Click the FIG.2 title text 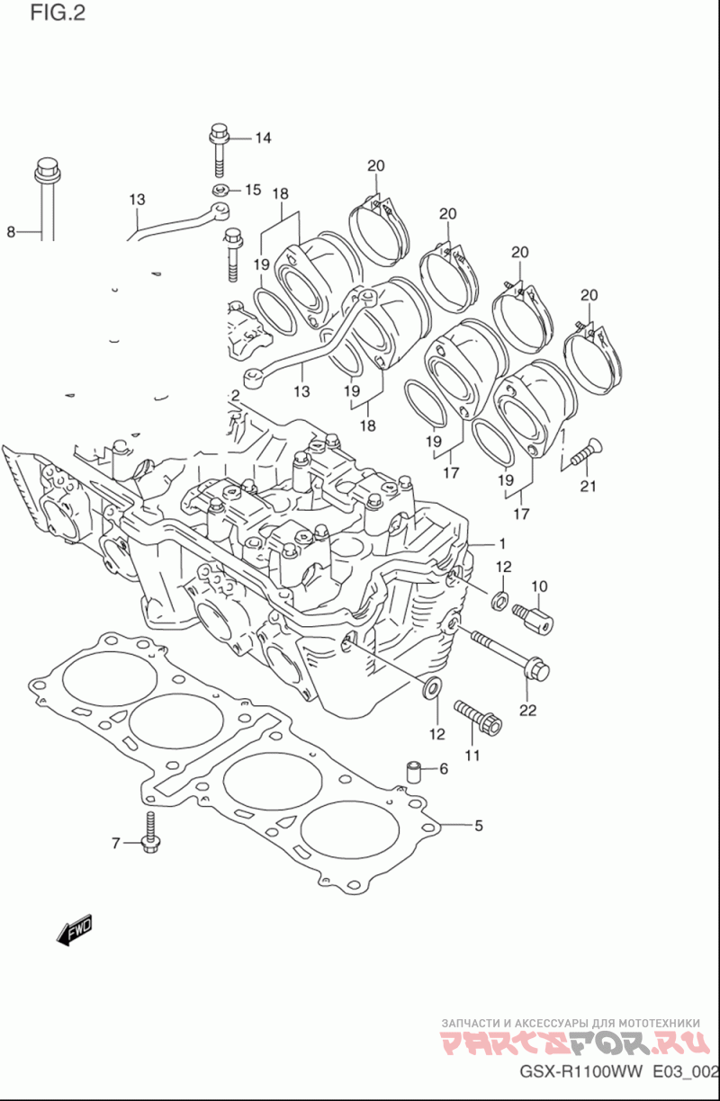tap(58, 13)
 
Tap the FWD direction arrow tap(75, 930)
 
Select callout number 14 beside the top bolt tap(263, 139)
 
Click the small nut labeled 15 tap(220, 189)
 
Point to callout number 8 tap(11, 231)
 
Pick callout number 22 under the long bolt tap(527, 711)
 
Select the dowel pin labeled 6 tap(412, 773)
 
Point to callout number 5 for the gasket tap(479, 825)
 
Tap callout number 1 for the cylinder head tap(502, 543)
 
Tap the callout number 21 tap(588, 486)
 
